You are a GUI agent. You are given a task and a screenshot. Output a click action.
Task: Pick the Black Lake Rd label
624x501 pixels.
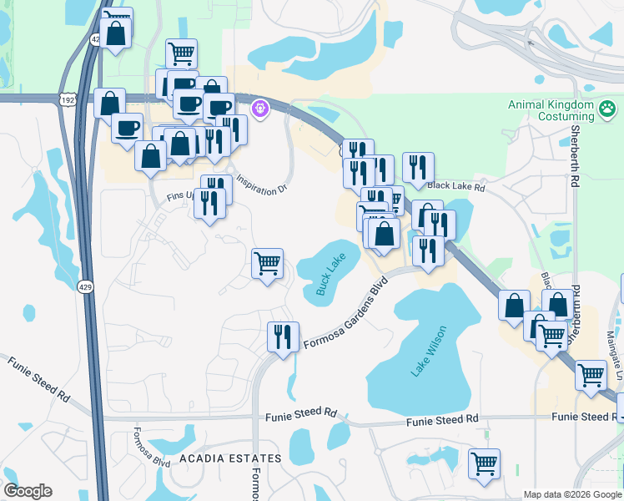tap(455, 187)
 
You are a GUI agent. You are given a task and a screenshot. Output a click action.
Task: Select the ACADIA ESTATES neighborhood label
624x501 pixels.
tap(229, 459)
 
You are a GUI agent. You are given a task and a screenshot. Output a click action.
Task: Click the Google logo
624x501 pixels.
tap(28, 491)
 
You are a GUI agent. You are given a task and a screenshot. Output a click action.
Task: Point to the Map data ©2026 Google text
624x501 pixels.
tap(572, 494)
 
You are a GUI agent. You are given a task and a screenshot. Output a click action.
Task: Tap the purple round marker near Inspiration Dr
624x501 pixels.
tap(260, 109)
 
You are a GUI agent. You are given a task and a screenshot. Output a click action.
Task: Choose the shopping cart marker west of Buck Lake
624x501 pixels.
tap(267, 264)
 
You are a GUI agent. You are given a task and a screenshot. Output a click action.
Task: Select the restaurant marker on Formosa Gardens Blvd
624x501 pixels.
tap(282, 337)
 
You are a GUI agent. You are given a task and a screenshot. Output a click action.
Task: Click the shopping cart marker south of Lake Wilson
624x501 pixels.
tap(483, 463)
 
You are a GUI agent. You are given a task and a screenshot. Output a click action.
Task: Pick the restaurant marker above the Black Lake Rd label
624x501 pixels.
tap(417, 168)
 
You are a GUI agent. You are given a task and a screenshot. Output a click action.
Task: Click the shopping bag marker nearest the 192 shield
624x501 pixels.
tap(109, 104)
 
